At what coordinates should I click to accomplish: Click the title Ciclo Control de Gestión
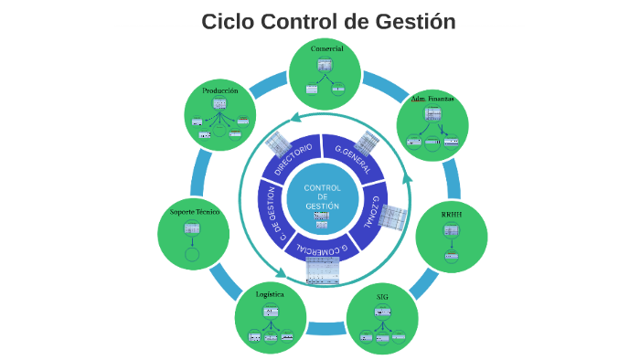tap(328, 21)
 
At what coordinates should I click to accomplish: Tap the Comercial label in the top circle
tap(326, 48)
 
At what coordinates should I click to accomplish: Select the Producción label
tap(220, 90)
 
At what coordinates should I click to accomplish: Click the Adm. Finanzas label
tap(432, 99)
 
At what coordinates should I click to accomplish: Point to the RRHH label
tap(452, 214)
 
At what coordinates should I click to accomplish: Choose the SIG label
tap(382, 297)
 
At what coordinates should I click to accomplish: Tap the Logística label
tap(270, 294)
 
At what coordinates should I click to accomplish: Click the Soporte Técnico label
tap(195, 212)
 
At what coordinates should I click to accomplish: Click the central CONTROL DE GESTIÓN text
tap(322, 196)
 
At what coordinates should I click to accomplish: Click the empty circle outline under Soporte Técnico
tap(192, 254)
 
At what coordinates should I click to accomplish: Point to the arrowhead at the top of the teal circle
tap(294, 117)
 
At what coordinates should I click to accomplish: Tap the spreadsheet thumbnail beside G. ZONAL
tap(393, 217)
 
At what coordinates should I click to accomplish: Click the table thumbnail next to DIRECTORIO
tap(278, 143)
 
